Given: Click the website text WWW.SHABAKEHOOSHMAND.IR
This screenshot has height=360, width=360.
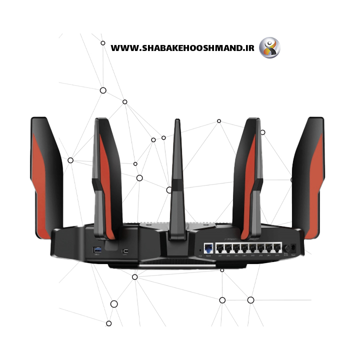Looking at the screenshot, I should (182, 48).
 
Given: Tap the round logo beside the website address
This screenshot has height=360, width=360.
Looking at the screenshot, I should (269, 48).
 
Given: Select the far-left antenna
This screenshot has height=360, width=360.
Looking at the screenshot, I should (45, 175).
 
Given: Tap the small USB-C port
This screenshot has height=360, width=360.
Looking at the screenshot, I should (126, 250).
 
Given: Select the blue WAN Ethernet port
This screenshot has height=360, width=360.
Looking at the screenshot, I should (208, 248).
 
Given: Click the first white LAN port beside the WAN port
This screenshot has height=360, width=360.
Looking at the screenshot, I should (219, 248).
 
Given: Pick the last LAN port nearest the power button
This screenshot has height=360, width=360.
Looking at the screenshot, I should (277, 248).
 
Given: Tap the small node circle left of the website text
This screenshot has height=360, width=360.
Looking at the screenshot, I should (103, 43).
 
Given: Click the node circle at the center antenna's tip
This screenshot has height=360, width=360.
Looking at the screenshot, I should (169, 190).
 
